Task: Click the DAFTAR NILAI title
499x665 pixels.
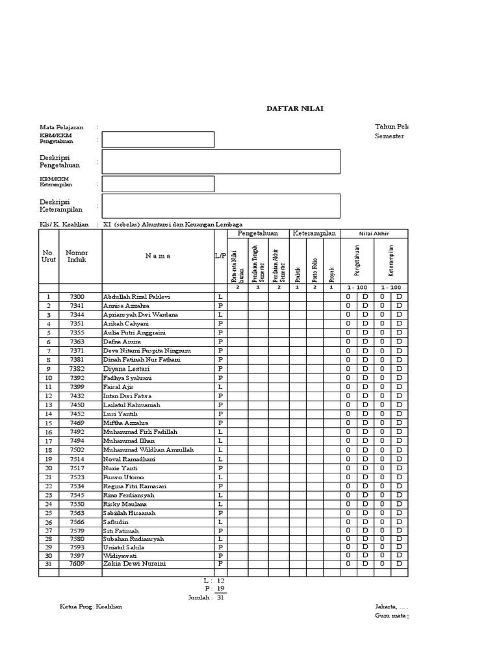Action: pyautogui.click(x=294, y=108)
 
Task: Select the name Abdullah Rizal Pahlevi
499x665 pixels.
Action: pyautogui.click(x=136, y=297)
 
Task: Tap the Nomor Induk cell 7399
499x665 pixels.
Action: pyautogui.click(x=77, y=386)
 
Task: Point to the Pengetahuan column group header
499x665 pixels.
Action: pyautogui.click(x=257, y=233)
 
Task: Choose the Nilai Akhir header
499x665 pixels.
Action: pyautogui.click(x=374, y=234)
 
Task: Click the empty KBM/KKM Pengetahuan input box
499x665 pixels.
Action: pyautogui.click(x=158, y=140)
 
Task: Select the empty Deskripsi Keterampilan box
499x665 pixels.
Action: pyautogui.click(x=221, y=206)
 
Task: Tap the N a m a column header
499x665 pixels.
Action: pyautogui.click(x=158, y=256)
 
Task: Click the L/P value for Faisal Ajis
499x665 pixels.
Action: pyautogui.click(x=220, y=386)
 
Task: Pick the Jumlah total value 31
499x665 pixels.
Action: pyautogui.click(x=220, y=597)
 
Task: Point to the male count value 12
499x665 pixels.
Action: pyautogui.click(x=220, y=580)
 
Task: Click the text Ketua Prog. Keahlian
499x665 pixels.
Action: pyautogui.click(x=90, y=607)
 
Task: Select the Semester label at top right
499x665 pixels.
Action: pyautogui.click(x=389, y=136)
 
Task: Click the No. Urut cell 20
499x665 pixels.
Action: pyautogui.click(x=48, y=468)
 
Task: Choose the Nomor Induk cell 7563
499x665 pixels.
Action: pyautogui.click(x=77, y=512)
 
